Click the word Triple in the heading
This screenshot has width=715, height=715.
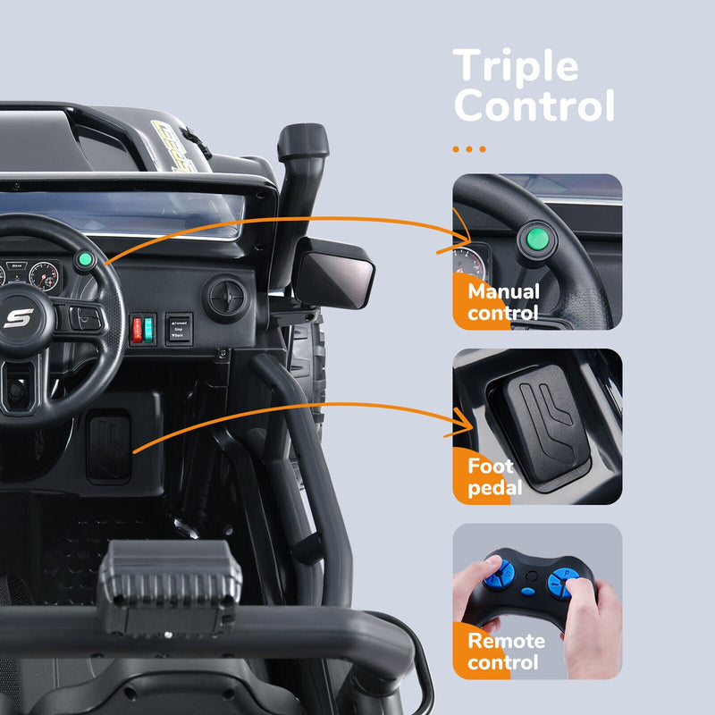(516, 67)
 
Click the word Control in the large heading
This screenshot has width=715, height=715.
(534, 105)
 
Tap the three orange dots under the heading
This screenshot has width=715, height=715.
(469, 149)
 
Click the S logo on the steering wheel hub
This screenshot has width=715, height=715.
(18, 317)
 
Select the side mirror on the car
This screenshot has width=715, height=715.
(334, 273)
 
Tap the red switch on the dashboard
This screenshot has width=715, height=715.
(137, 328)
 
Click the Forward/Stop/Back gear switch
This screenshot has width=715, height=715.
(179, 328)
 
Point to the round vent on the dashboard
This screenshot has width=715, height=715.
(226, 297)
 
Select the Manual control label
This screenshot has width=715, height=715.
(503, 302)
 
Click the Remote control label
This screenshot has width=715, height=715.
(505, 652)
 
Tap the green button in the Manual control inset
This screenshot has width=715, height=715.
(535, 239)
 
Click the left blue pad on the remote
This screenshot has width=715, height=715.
(497, 576)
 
